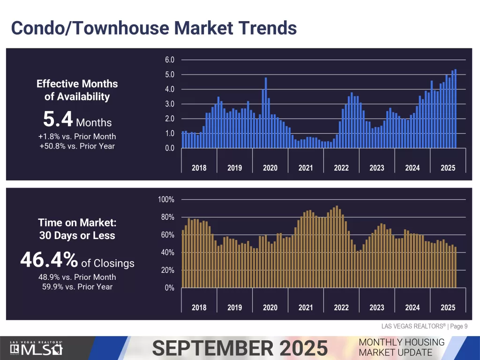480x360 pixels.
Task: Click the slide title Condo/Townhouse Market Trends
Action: point(154,28)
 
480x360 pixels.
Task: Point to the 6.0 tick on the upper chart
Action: point(169,60)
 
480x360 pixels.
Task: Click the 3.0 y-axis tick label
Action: point(169,104)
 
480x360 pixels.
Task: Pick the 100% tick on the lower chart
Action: point(166,200)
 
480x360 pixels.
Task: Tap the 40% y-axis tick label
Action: point(167,253)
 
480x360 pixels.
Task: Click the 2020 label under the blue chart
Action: point(270,168)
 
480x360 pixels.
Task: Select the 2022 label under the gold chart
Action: point(341,307)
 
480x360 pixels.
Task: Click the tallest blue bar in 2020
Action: point(266,112)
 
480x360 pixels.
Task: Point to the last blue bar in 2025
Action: point(455,109)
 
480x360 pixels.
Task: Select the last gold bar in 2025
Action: point(455,267)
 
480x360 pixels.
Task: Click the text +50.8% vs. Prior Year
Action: point(77,146)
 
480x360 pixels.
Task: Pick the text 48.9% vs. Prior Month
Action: point(77,277)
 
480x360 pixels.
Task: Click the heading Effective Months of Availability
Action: point(77,90)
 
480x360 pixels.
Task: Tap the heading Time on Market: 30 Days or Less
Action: point(77,229)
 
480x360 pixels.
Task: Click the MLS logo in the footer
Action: point(37,349)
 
